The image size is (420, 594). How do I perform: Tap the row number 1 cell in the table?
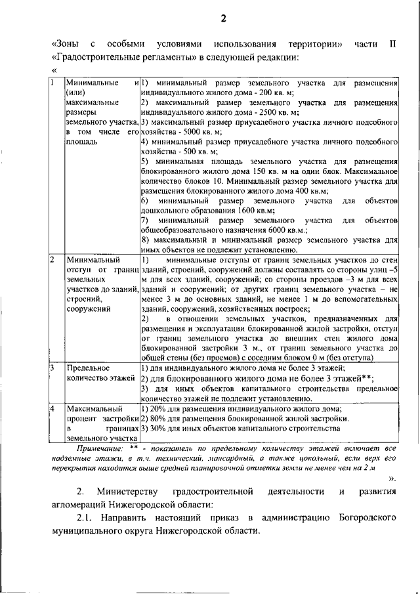point(53,84)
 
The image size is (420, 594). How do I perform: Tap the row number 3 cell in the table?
point(53,368)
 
